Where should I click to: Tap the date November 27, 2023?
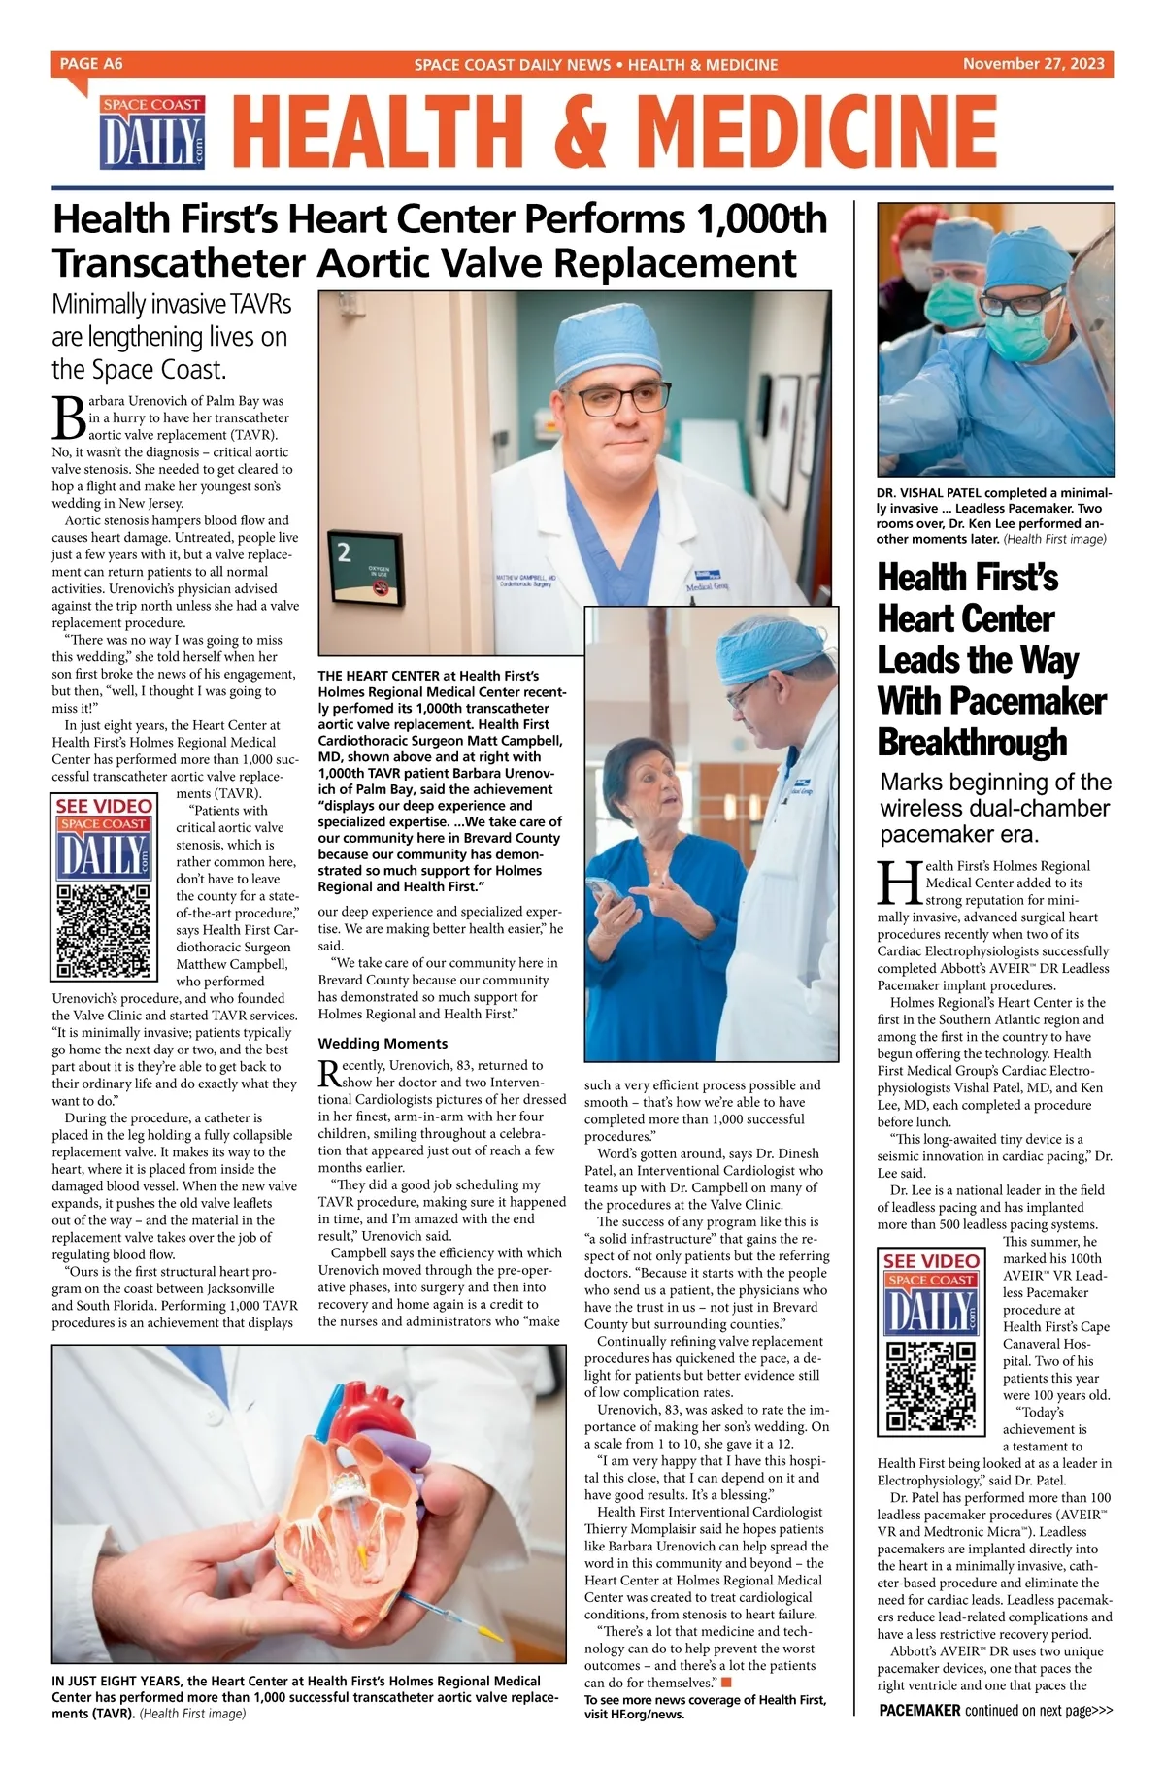coord(1033,64)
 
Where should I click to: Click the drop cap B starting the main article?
coord(68,418)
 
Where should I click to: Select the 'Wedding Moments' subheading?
coord(383,1044)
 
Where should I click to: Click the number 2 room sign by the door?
coord(344,553)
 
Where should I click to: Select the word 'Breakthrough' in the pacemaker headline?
coord(971,742)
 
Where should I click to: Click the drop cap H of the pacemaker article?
coord(897,883)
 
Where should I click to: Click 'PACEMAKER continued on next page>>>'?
coord(995,1738)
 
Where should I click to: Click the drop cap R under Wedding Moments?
coord(328,1073)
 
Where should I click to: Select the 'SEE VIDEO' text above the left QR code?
coord(104,806)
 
